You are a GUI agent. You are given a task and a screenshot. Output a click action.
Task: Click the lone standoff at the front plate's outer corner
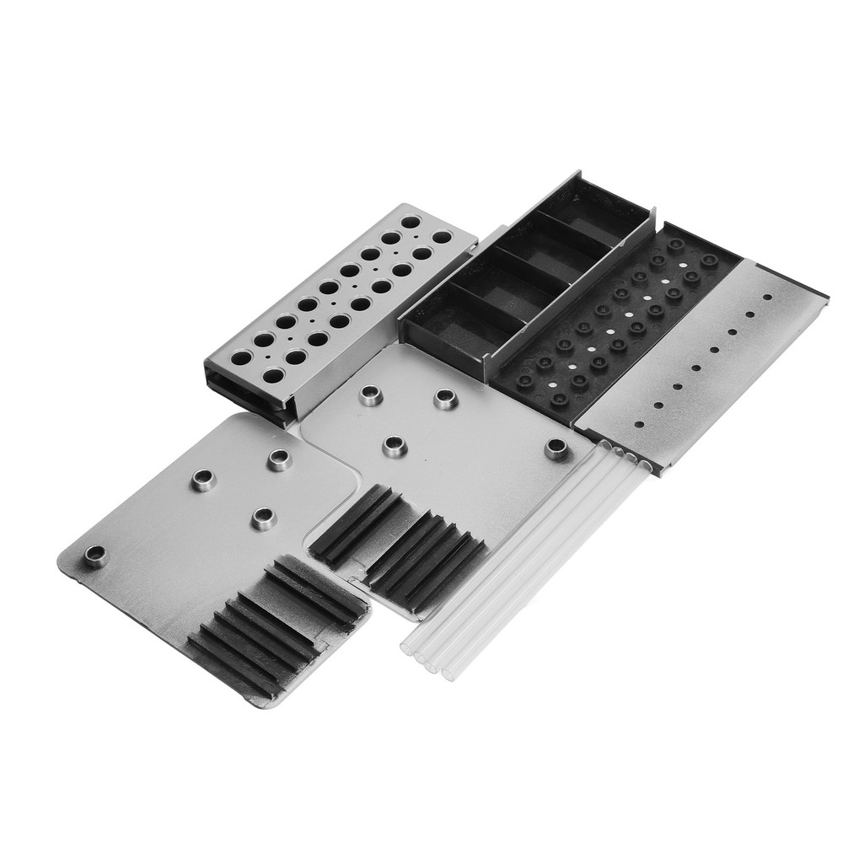pos(95,554)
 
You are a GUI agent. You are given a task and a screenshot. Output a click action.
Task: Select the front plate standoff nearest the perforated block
pos(279,459)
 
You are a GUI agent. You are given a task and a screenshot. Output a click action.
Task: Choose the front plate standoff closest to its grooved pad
pos(263,517)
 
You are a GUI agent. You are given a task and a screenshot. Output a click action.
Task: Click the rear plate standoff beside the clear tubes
pos(556,448)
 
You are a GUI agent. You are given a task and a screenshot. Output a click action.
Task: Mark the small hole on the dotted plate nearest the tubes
pos(639,424)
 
